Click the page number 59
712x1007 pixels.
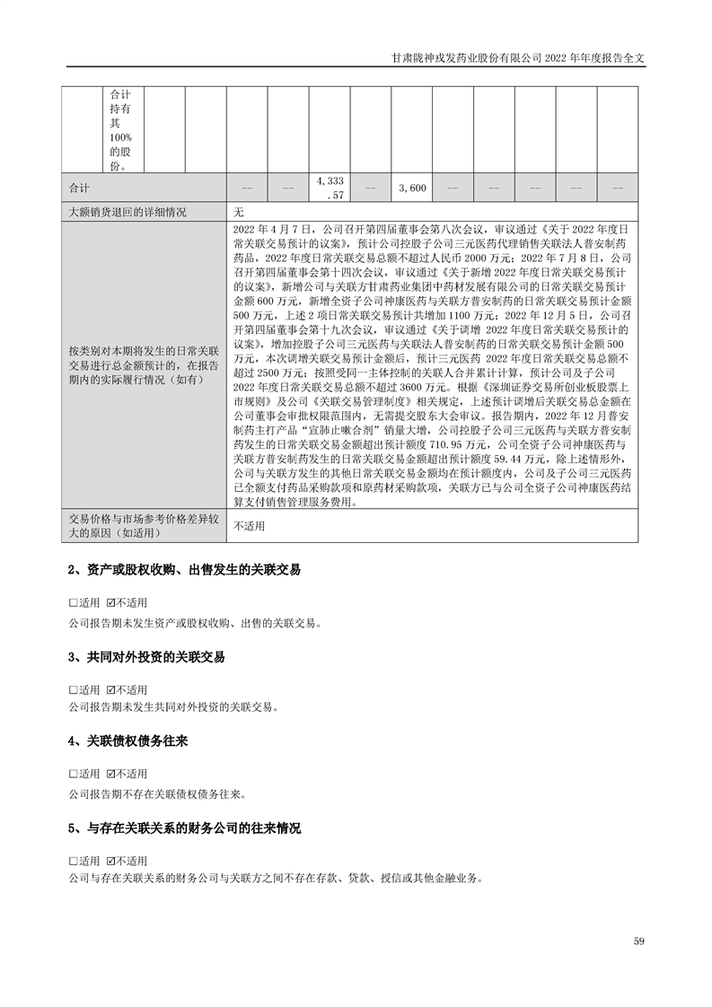pos(638,941)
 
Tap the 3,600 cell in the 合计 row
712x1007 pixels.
pos(411,188)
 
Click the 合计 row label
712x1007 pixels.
pos(80,188)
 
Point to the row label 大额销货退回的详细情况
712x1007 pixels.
pos(127,213)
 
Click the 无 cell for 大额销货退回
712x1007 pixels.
pos(239,213)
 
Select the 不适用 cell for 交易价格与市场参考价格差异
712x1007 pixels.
pos(251,527)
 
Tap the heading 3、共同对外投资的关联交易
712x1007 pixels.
pos(146,657)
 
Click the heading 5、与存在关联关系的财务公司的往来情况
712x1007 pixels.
pos(184,828)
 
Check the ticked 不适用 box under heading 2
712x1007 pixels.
pos(110,602)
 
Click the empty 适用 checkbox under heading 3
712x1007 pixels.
pos(73,689)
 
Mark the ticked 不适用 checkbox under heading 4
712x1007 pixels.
pos(110,775)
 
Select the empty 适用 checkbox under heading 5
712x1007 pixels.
pos(73,861)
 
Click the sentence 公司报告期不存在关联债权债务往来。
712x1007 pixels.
pos(156,793)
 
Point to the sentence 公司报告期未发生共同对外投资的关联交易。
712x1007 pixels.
pos(173,707)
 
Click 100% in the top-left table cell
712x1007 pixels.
pos(120,136)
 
